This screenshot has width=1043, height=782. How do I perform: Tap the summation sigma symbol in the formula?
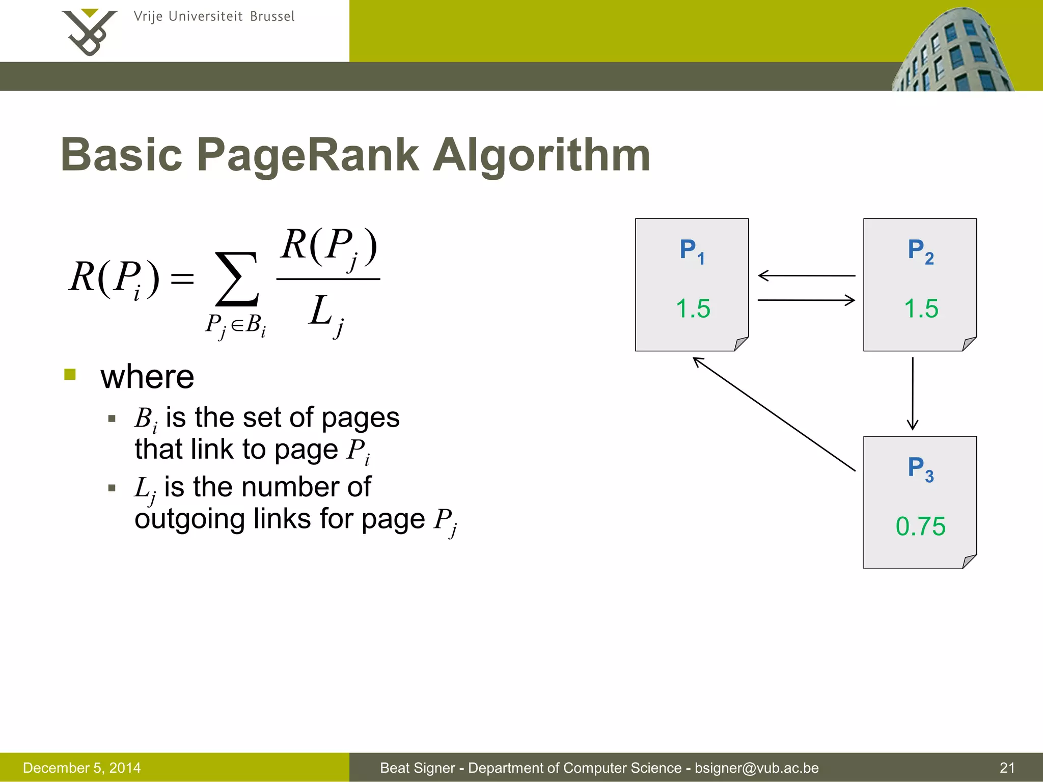pos(237,279)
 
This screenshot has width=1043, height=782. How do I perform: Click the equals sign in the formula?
pos(182,278)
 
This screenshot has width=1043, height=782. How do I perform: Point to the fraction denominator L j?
pos(325,314)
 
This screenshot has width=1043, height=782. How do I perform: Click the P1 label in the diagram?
pos(692,251)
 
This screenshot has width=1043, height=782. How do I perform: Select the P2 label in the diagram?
pos(920,251)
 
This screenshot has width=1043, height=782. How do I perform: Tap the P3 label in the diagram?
pos(920,468)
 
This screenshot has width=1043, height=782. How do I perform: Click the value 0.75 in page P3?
pos(920,526)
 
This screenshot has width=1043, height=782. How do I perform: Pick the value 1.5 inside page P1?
pos(693,309)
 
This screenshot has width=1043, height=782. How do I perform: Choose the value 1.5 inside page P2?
pos(921,309)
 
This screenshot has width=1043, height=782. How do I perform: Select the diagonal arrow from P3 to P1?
pos(774,414)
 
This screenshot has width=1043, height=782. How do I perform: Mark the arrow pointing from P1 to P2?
pos(806,300)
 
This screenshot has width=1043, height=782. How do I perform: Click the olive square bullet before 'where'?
pos(70,375)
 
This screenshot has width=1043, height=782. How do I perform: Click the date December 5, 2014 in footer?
pos(81,768)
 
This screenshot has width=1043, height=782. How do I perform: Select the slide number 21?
pos(1007,768)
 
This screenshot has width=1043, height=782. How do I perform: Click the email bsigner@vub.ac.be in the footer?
pos(756,768)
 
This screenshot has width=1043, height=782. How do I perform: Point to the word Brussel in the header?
pos(272,17)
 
